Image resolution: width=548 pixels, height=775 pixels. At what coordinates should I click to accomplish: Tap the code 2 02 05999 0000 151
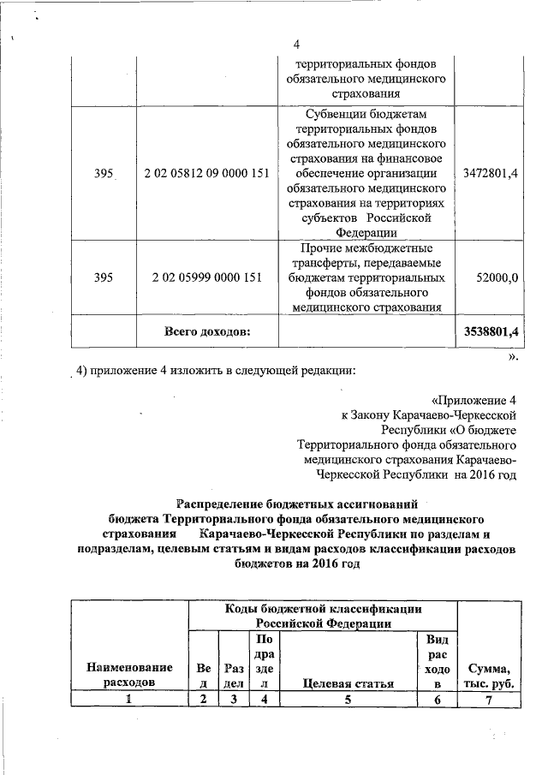point(206,278)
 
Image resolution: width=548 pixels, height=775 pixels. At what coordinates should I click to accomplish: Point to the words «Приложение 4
point(474,399)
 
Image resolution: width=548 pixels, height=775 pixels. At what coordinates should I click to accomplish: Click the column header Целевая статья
point(348,684)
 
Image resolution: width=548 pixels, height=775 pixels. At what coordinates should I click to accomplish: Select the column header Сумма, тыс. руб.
point(489,676)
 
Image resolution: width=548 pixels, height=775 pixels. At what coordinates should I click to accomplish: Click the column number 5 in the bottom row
point(348,699)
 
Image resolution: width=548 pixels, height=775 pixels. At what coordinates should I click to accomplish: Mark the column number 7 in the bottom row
point(489,699)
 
